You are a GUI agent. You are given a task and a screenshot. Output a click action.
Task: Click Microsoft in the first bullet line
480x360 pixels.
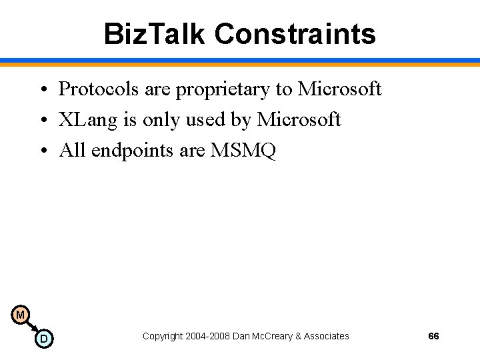[x=339, y=89]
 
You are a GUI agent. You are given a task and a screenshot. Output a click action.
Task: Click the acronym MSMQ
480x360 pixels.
[x=243, y=151]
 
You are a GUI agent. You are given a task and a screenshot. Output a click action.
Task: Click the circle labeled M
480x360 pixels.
[x=20, y=315]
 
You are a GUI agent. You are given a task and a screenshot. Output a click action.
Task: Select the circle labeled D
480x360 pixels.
[x=43, y=339]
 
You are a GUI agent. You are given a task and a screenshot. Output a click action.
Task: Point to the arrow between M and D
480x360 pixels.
[x=31, y=327]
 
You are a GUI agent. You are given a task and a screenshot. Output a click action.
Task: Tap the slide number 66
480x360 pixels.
[x=433, y=336]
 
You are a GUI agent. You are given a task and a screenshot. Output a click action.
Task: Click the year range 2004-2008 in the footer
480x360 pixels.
[x=204, y=336]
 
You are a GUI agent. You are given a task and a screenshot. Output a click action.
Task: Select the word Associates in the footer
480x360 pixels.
[x=326, y=336]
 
